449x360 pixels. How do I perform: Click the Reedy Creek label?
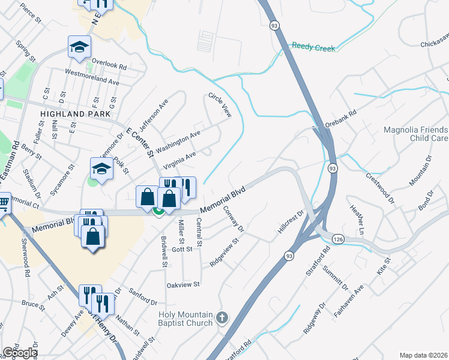(312, 46)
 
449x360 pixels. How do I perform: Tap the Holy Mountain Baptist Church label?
(185, 319)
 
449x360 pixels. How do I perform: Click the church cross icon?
(222, 317)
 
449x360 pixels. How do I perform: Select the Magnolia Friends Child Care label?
(416, 134)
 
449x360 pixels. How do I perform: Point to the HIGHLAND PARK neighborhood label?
(75, 113)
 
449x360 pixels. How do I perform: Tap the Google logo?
(20, 353)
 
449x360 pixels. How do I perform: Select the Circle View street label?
(219, 104)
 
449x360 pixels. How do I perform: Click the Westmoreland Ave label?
(92, 79)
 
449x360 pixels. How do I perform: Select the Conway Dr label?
(234, 220)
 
